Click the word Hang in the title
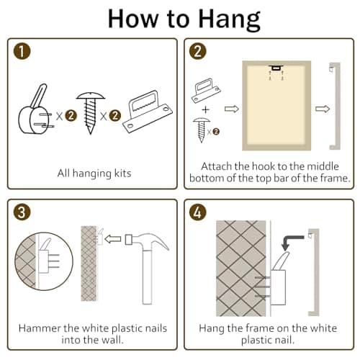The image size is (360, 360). [x=230, y=19]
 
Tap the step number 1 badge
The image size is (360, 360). [x=22, y=51]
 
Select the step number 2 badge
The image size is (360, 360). [x=198, y=51]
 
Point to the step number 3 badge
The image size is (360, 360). [x=22, y=212]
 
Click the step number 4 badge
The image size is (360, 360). [x=198, y=212]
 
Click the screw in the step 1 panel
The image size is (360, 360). [x=91, y=113]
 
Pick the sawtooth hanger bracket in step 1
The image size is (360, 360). [x=148, y=112]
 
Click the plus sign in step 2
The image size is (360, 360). [x=205, y=109]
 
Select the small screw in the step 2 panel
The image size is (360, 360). [x=202, y=130]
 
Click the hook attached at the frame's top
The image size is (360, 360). [x=276, y=68]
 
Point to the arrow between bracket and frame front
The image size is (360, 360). [x=232, y=109]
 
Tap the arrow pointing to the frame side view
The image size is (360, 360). [x=323, y=109]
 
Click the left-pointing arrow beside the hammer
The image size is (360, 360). [x=113, y=239]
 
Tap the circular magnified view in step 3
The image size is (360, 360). [x=44, y=261]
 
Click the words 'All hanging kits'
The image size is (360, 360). [x=94, y=174]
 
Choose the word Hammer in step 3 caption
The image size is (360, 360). [x=40, y=328]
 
